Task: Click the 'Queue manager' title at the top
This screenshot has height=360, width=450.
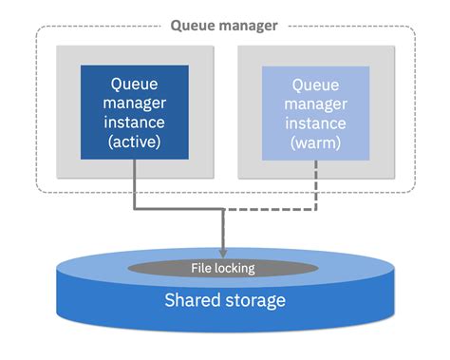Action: coord(224,26)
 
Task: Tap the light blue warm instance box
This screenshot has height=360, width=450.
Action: coord(316,111)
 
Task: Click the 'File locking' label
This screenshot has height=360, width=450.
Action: coord(224,269)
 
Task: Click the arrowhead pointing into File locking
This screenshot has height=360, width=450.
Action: coord(224,252)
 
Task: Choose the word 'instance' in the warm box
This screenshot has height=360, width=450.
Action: coord(316,122)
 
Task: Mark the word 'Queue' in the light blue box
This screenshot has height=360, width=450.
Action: coord(316,83)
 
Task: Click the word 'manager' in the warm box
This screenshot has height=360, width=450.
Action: coord(316,103)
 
